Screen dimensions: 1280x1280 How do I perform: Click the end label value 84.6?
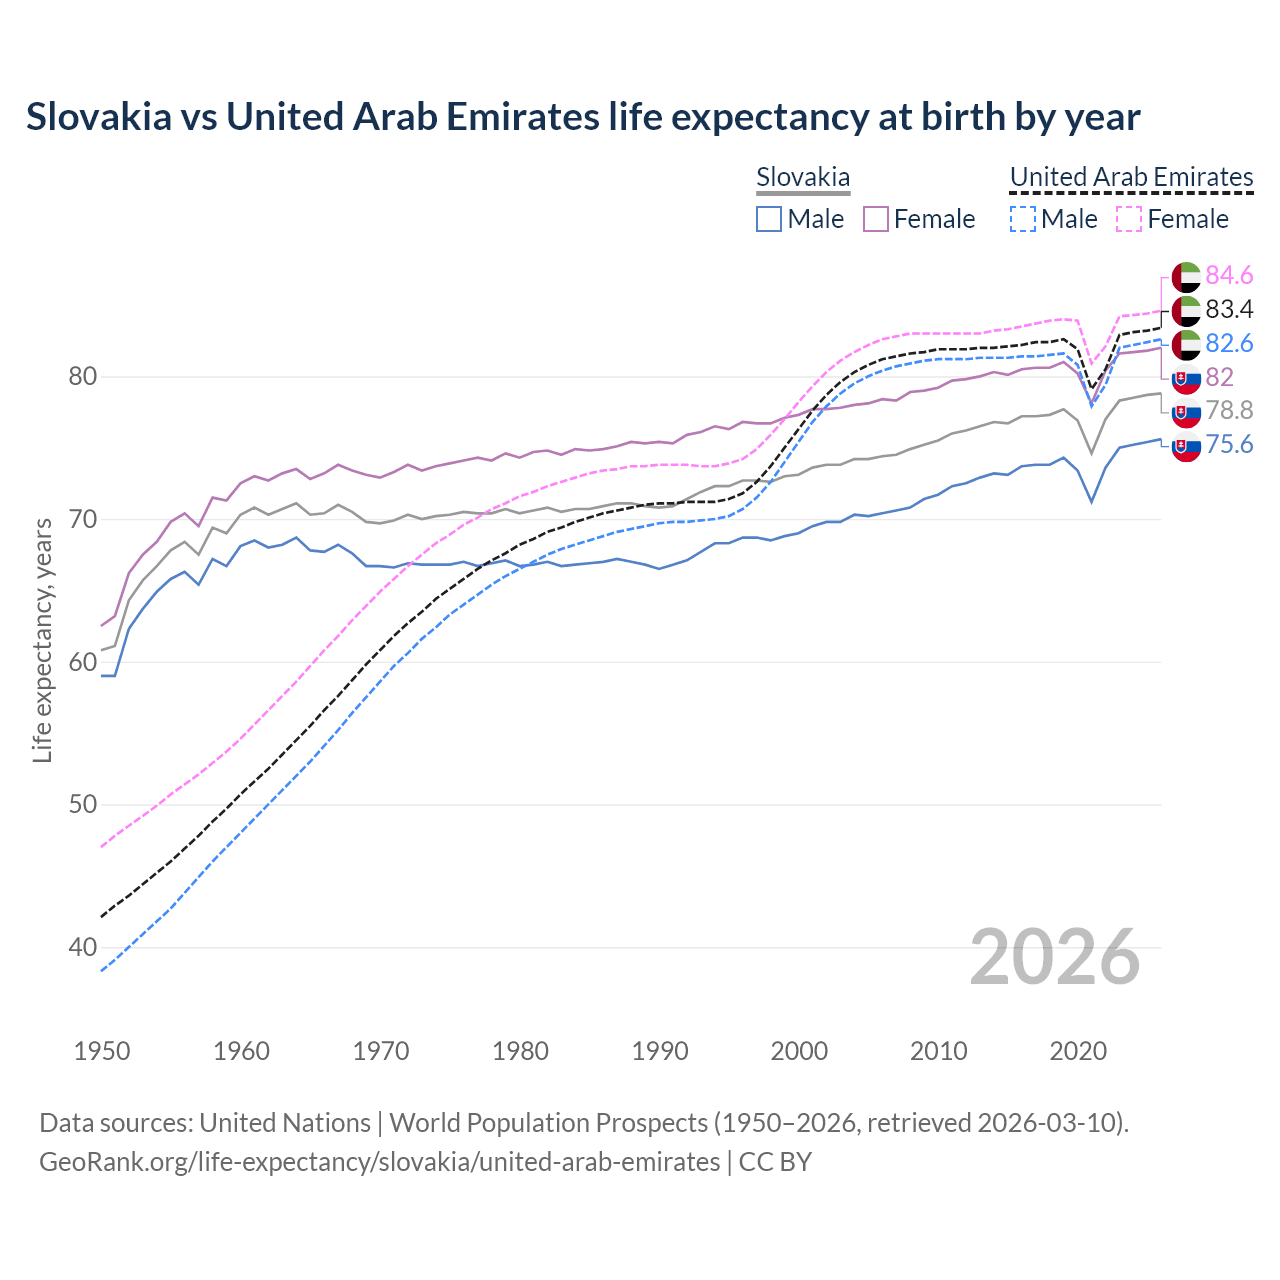pyautogui.click(x=1229, y=275)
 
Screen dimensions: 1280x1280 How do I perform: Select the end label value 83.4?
pyautogui.click(x=1229, y=309)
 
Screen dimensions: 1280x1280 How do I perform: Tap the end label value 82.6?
pyautogui.click(x=1229, y=343)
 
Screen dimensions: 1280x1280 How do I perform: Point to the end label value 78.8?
pyautogui.click(x=1229, y=410)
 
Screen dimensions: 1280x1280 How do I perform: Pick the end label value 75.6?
pyautogui.click(x=1229, y=444)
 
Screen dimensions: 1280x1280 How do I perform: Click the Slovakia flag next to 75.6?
pyautogui.click(x=1186, y=447)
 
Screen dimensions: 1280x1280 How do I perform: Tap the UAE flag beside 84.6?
pyautogui.click(x=1186, y=277)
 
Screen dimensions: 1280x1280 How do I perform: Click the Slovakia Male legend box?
pyautogui.click(x=769, y=219)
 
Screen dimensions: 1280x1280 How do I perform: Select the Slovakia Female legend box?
pyautogui.click(x=876, y=219)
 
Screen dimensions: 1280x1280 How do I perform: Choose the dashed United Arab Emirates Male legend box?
pyautogui.click(x=1023, y=219)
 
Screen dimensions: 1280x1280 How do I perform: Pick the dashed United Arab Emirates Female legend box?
pyautogui.click(x=1129, y=219)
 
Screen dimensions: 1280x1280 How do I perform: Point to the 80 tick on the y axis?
pyautogui.click(x=83, y=377)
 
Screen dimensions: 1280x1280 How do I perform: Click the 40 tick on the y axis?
pyautogui.click(x=83, y=947)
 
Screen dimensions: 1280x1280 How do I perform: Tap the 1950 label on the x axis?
pyautogui.click(x=102, y=1051)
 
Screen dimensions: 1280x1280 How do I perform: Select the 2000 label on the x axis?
pyautogui.click(x=799, y=1051)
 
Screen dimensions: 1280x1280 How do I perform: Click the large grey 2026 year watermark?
pyautogui.click(x=1055, y=957)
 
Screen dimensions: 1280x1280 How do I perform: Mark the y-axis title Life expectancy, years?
pyautogui.click(x=42, y=640)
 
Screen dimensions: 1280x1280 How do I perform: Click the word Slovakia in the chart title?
pyautogui.click(x=98, y=117)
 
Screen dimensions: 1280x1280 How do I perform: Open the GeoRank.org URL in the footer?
pyautogui.click(x=379, y=1162)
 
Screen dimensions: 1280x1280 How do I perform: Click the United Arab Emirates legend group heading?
pyautogui.click(x=1131, y=177)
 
